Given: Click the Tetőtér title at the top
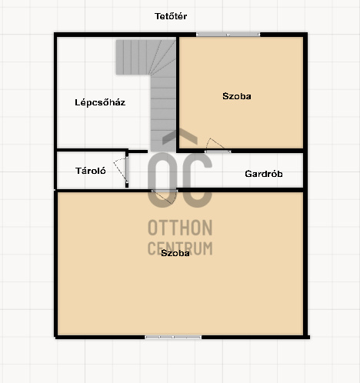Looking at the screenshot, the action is pos(171,16).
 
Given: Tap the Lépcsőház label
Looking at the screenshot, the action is pos(100,102).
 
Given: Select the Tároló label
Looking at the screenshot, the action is pos(91,171).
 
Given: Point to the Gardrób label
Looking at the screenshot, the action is pos(264,174).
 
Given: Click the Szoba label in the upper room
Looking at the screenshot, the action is pos(237,96).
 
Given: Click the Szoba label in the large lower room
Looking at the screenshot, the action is pos(175,253).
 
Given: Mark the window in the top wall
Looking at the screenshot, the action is pos(228,35).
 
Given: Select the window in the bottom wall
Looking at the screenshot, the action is pos(173,337).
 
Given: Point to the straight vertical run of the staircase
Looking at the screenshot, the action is pos(163,113).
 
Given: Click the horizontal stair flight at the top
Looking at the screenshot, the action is pos(132,57).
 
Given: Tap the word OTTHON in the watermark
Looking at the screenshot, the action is pos(180,228).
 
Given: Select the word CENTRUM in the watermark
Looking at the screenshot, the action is pos(180,248).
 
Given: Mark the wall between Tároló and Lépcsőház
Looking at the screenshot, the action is pos(92,150).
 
